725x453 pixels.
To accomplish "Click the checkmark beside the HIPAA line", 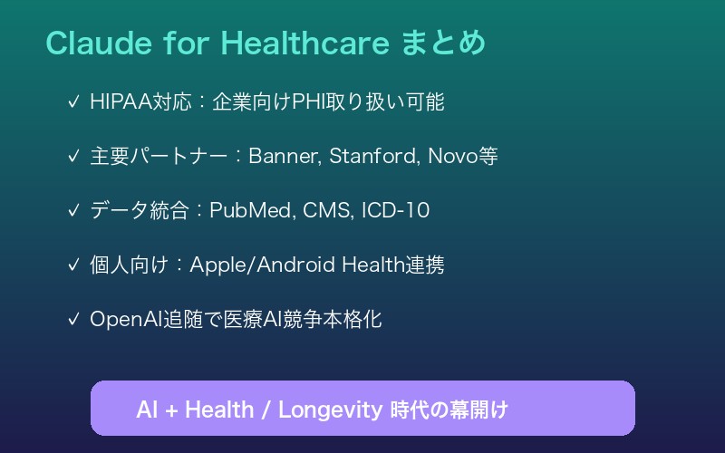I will point(72,102).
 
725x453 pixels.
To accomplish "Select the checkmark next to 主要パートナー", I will point(72,157).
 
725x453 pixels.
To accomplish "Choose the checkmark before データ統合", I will point(72,211).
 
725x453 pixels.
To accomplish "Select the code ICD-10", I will point(395,211).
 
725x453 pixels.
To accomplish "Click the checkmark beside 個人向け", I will point(72,265).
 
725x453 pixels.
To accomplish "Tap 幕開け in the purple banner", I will point(483,409).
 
